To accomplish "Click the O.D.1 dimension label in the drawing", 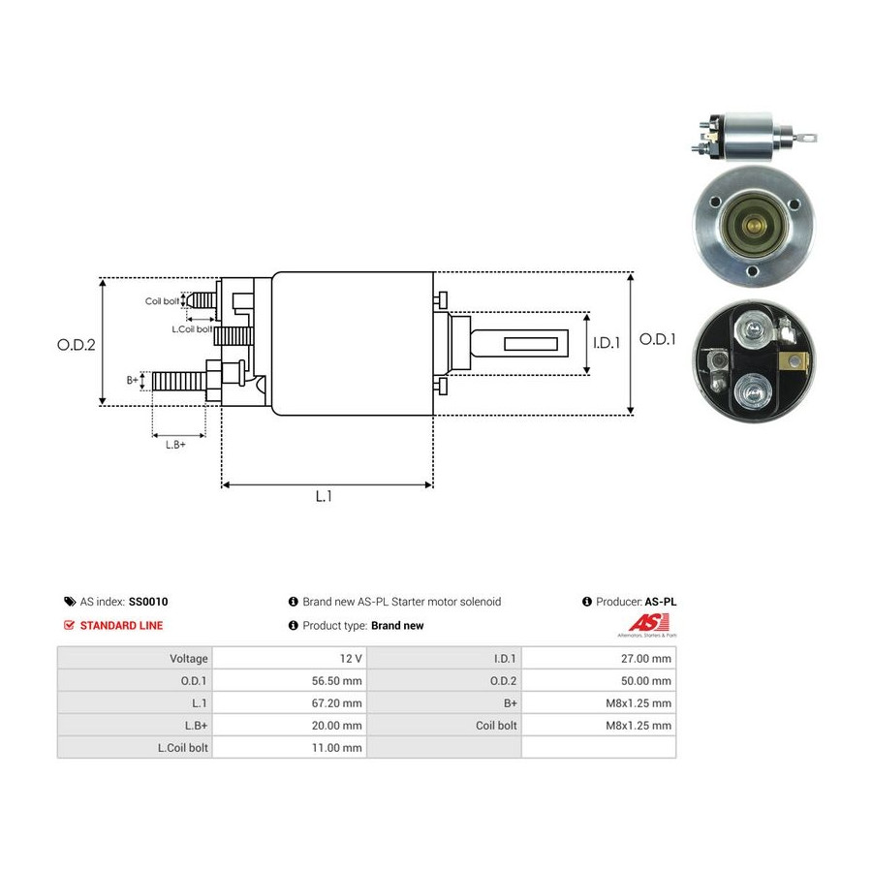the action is click(x=657, y=339).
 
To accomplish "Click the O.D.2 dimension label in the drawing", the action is click(x=77, y=345).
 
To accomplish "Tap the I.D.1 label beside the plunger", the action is click(x=607, y=343).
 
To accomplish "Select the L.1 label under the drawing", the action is click(x=324, y=496).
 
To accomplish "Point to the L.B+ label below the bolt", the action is click(x=175, y=445).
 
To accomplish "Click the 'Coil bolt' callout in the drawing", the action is click(x=162, y=301).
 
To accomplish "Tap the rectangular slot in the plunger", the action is click(x=531, y=344).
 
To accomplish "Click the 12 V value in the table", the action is click(x=351, y=659).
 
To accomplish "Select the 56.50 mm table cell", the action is click(x=336, y=681).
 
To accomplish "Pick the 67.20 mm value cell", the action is click(x=336, y=703).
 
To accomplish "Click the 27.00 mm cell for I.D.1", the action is click(x=646, y=659).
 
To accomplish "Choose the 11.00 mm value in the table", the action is click(x=336, y=747).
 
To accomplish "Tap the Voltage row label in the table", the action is click(x=189, y=659).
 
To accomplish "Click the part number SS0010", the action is click(x=148, y=602).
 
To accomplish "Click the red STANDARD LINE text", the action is click(x=121, y=626).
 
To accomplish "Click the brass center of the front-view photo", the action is click(x=754, y=225).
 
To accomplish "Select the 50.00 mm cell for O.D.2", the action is click(x=646, y=681).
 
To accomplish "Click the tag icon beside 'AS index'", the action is click(x=70, y=602).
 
